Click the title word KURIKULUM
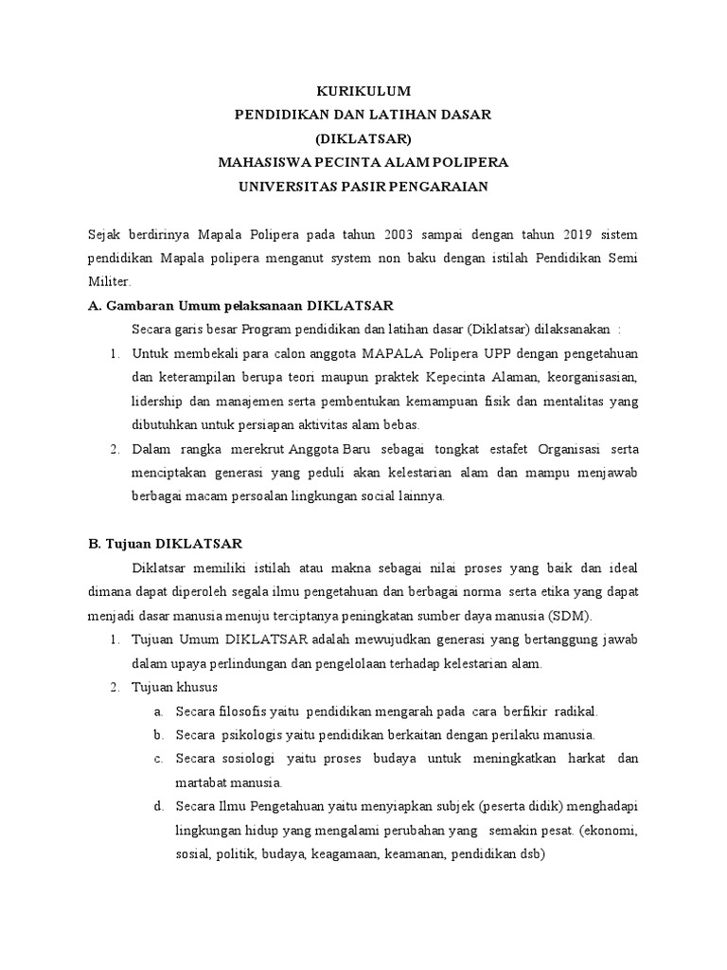point(363,91)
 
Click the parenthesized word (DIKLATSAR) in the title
point(363,138)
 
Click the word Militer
point(110,281)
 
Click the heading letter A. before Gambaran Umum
point(94,306)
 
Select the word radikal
point(576,710)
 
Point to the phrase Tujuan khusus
point(175,687)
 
